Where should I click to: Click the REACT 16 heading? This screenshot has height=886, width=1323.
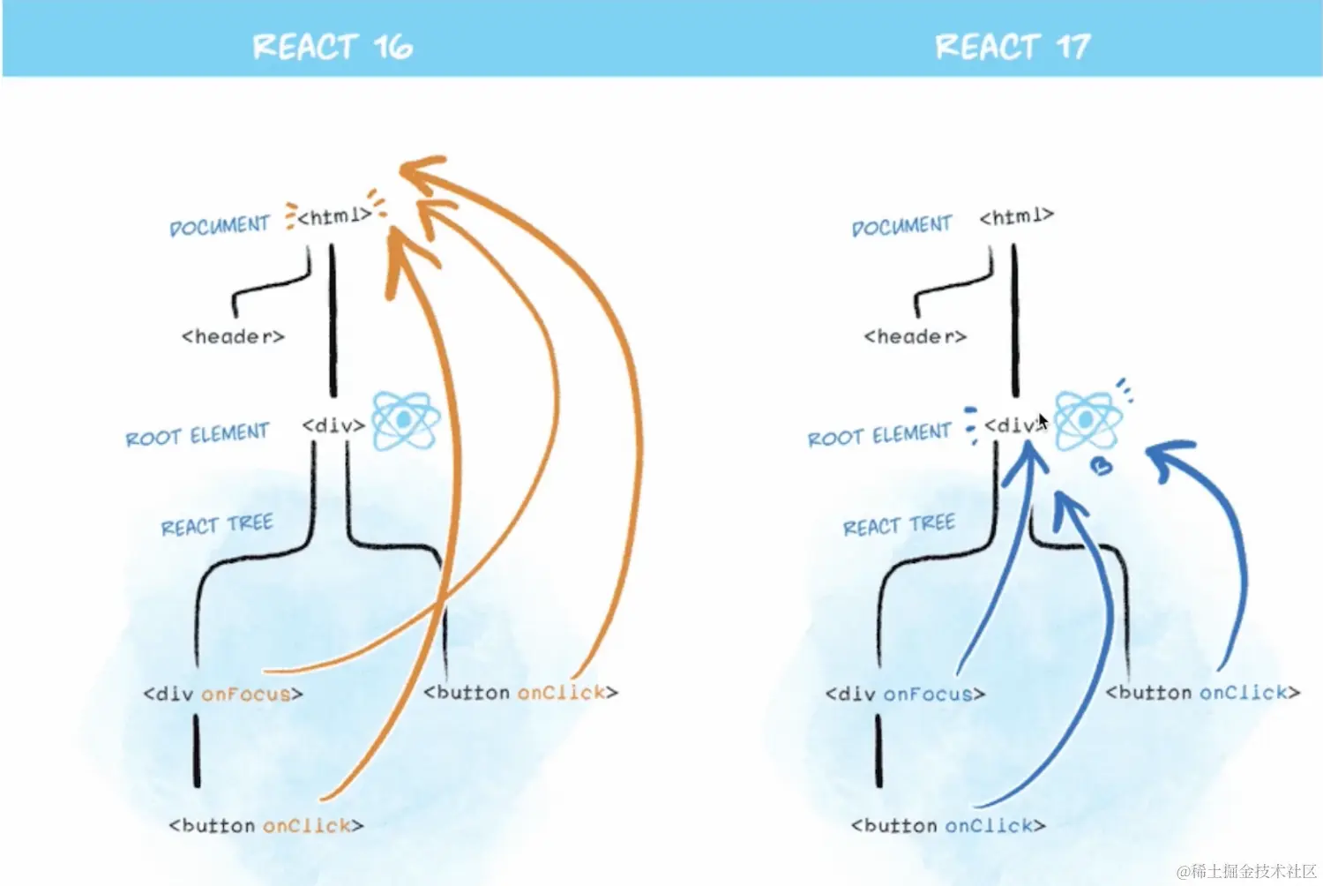tap(332, 46)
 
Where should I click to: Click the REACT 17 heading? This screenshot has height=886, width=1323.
tap(1013, 46)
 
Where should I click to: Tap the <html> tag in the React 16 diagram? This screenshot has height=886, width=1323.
tap(333, 216)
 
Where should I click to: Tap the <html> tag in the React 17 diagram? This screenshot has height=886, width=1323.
tap(1016, 216)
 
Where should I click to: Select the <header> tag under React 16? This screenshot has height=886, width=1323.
tap(233, 336)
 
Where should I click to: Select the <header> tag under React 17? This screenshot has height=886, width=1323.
tap(915, 336)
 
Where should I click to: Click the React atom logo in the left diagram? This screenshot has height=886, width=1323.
tap(405, 421)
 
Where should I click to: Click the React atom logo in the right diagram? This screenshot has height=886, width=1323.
tap(1087, 420)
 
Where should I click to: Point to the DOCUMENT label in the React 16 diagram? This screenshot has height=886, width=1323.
tap(219, 226)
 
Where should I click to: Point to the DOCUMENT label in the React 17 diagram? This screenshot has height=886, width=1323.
tap(901, 226)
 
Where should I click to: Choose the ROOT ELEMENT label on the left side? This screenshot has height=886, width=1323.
tap(197, 435)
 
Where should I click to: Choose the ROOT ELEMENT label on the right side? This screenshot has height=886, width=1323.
tap(879, 435)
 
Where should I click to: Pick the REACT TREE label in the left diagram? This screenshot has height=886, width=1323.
tap(217, 525)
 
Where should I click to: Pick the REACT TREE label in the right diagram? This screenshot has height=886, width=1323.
tap(899, 525)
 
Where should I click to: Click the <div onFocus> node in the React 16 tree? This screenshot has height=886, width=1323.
tap(223, 694)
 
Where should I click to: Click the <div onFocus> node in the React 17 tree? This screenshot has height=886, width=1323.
tap(905, 694)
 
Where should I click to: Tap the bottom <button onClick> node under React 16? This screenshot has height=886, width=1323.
tap(266, 826)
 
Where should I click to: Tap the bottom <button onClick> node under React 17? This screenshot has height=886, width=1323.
tap(948, 826)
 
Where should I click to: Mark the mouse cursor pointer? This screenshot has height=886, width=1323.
tap(1043, 421)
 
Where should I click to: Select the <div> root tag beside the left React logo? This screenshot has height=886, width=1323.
tap(333, 425)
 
